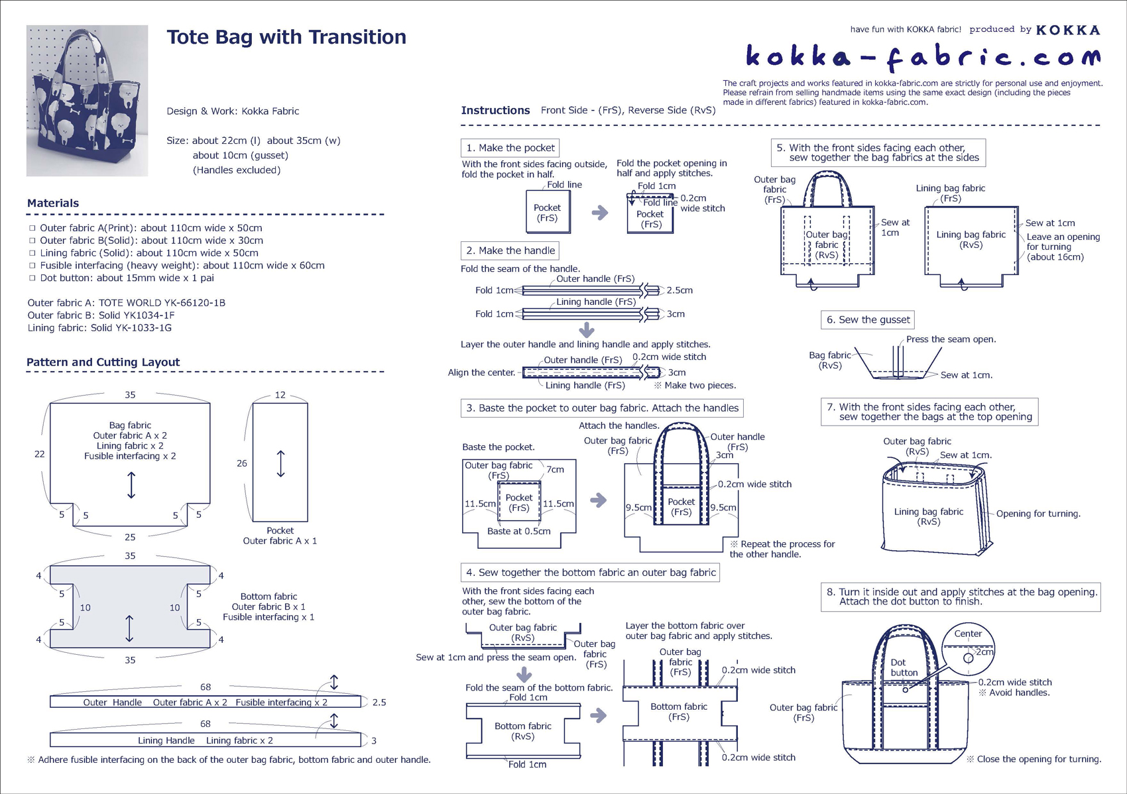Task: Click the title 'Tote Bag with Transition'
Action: (286, 37)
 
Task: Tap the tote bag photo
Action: (87, 101)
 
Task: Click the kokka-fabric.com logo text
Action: (923, 58)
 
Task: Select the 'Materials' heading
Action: (53, 203)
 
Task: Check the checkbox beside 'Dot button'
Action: (32, 278)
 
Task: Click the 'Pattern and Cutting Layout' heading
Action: (103, 363)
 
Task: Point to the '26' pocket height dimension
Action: (242, 463)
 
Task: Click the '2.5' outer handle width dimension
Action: (379, 703)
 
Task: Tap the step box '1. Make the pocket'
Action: (510, 148)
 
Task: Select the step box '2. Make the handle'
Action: (510, 251)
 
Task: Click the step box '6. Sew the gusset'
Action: (867, 320)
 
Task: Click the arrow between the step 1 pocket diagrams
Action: (599, 213)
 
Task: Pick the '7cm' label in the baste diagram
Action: (555, 469)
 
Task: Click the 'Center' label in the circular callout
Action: (968, 634)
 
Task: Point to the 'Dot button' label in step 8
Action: (903, 667)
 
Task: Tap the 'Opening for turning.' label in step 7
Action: (1038, 514)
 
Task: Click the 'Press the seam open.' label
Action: (951, 339)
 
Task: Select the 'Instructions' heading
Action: (495, 111)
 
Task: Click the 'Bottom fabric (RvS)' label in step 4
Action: (522, 731)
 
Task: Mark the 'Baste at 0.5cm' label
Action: (518, 531)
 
